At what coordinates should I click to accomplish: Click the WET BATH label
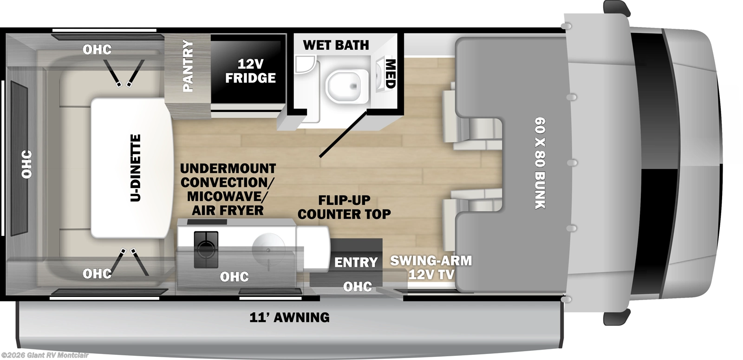(x=336, y=45)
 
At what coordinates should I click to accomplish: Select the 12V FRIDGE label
(x=250, y=71)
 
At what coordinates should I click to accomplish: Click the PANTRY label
(x=188, y=66)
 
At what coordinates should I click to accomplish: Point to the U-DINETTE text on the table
(x=135, y=168)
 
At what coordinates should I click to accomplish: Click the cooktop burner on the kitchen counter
(x=206, y=249)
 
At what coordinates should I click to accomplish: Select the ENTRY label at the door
(x=356, y=262)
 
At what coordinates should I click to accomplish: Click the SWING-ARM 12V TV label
(x=431, y=268)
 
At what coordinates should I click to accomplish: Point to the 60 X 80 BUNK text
(x=540, y=163)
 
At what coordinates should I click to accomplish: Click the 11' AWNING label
(x=289, y=318)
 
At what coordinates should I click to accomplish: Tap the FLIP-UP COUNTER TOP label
(x=344, y=207)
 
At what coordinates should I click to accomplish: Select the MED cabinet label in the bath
(x=391, y=74)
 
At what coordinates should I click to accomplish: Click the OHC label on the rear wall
(x=26, y=164)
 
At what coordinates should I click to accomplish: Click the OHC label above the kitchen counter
(x=234, y=277)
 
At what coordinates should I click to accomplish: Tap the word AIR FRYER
(x=228, y=210)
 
